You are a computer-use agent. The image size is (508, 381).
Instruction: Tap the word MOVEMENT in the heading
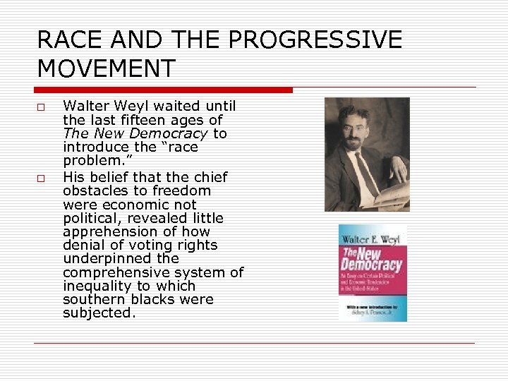[x=106, y=69]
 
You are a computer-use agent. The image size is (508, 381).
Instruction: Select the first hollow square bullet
[x=42, y=107]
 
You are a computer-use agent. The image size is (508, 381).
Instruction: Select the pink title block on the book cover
[x=373, y=261]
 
